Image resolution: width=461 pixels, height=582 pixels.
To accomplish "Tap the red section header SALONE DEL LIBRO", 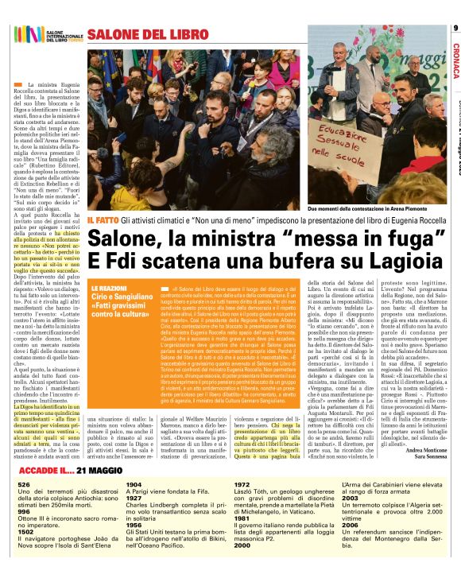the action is click(x=137, y=34).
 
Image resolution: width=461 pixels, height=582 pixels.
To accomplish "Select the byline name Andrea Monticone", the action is click(x=426, y=451).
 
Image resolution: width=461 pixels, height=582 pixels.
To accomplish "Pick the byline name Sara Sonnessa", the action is click(x=429, y=459).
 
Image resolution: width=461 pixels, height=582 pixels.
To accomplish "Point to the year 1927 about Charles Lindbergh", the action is click(x=134, y=496).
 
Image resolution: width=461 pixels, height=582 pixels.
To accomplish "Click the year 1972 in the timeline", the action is click(x=242, y=484).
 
